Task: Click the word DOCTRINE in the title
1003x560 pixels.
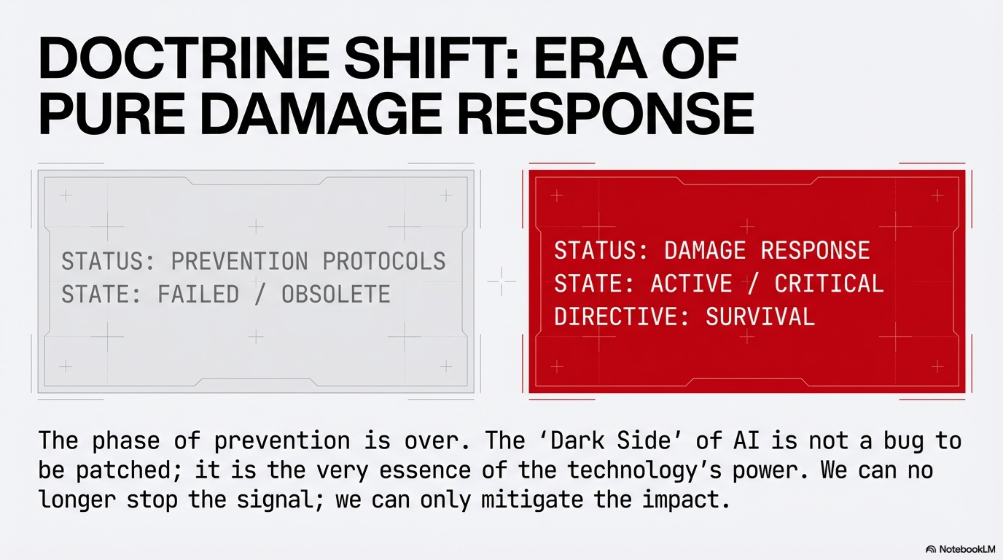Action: tap(184, 58)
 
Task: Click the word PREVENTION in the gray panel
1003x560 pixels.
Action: tap(240, 261)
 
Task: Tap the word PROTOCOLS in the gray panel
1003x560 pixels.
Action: tap(384, 261)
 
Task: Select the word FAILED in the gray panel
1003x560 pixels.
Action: tap(198, 294)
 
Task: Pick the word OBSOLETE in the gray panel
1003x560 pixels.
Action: tap(336, 294)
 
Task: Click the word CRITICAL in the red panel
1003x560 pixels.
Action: tap(829, 283)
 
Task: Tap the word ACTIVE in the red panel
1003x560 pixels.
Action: tap(691, 283)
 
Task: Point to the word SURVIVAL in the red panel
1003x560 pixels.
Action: tap(760, 316)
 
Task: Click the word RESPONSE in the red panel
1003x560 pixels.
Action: tap(816, 250)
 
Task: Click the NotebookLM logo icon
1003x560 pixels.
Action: tap(930, 549)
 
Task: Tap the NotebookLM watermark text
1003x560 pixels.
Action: tap(967, 549)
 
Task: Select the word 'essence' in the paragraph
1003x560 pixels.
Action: tap(424, 470)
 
